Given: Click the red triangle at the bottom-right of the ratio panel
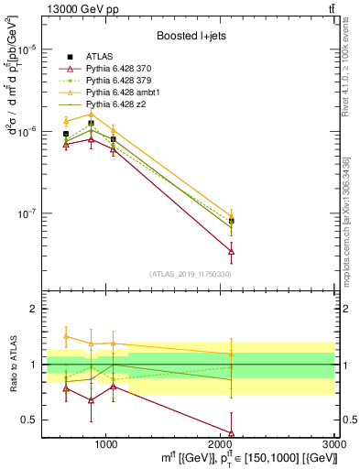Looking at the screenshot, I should pyautogui.click(x=231, y=433).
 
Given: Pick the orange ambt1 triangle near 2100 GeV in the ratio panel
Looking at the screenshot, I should pyautogui.click(x=231, y=354).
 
